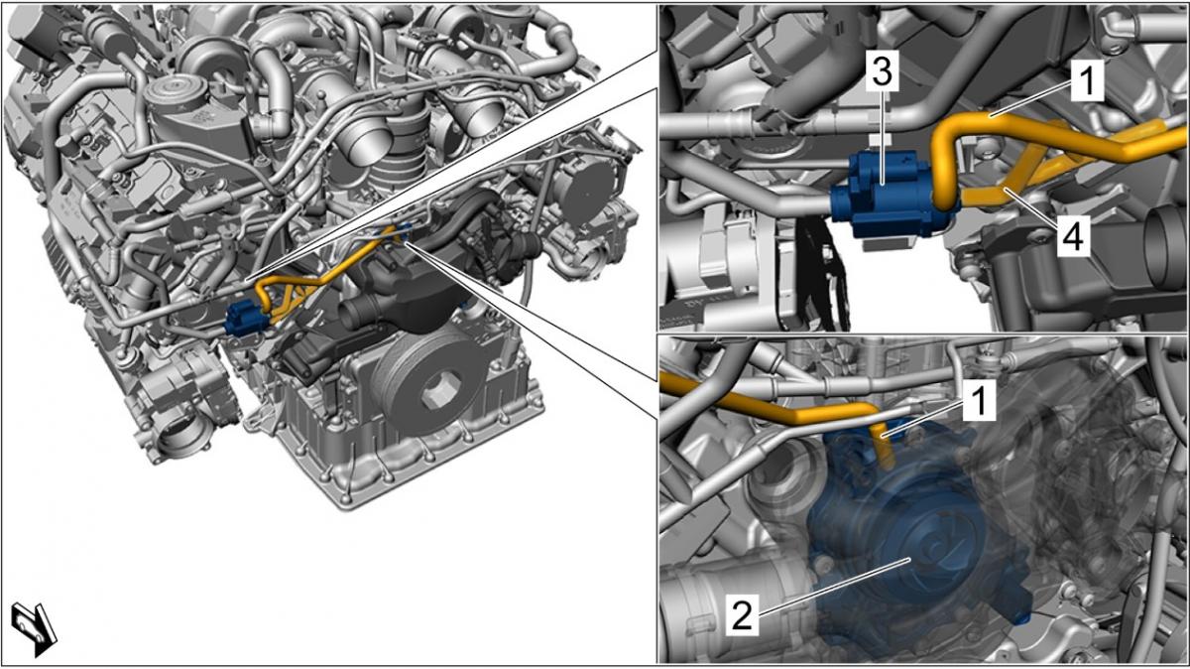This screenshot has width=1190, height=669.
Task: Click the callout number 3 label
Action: tap(883, 71)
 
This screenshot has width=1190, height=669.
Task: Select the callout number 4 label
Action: tap(1074, 236)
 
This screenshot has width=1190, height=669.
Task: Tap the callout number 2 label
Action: tap(742, 615)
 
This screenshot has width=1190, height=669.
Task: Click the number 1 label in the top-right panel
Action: tap(1088, 80)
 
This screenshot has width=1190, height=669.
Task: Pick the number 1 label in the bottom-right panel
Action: tap(979, 402)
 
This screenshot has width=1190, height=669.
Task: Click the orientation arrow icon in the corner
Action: tap(34, 628)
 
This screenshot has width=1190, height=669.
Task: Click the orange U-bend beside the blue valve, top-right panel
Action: tap(944, 160)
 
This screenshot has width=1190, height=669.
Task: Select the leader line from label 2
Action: tap(835, 587)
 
